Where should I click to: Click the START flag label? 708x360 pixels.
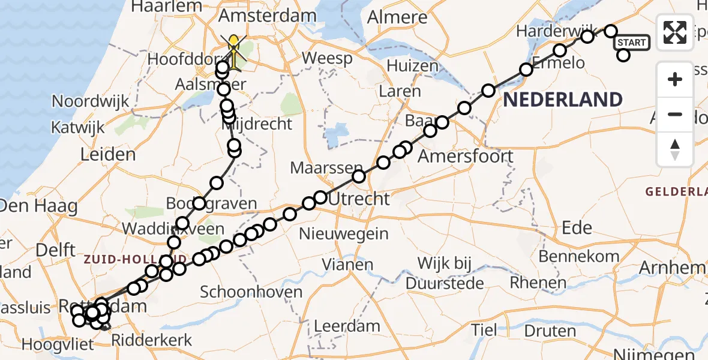[x=632, y=43]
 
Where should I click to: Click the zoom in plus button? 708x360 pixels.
[x=675, y=79]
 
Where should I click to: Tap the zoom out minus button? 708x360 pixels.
[x=675, y=114]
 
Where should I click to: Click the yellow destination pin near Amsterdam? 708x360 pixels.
[x=233, y=43]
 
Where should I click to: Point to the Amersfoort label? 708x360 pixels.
[x=465, y=157]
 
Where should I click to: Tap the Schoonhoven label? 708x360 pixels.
[x=251, y=292]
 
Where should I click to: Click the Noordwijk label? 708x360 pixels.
[x=91, y=101]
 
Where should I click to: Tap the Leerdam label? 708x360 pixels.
[x=348, y=327]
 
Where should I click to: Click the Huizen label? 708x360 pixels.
[x=413, y=66]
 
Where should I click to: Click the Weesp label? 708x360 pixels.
[x=328, y=59]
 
